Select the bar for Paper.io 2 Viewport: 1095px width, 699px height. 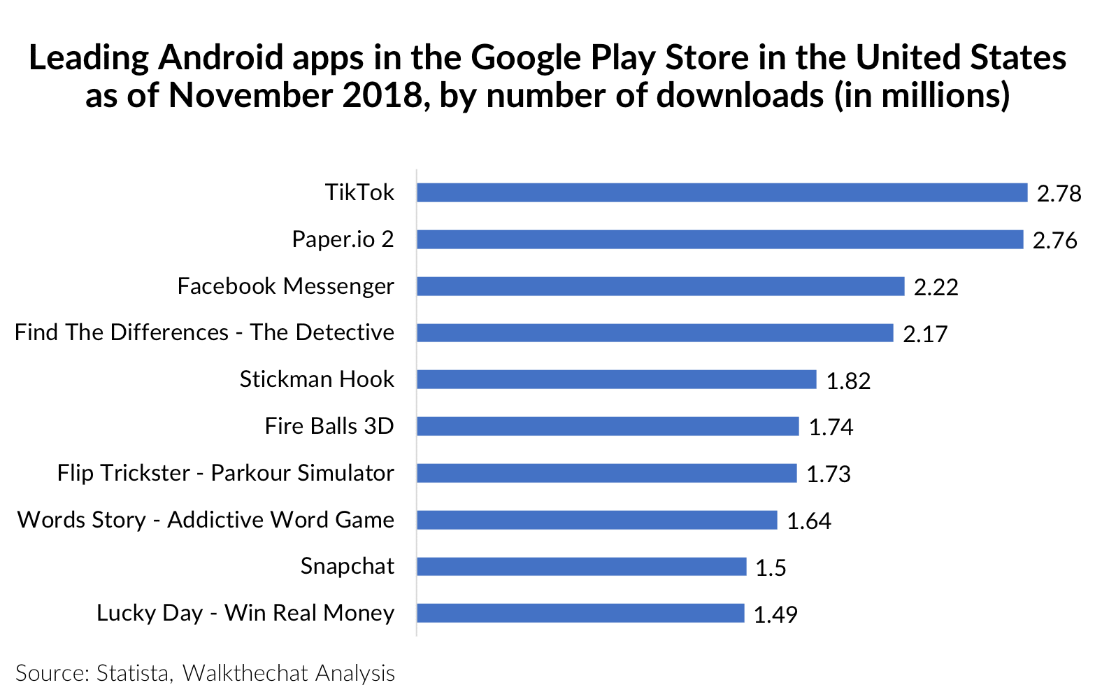[x=720, y=239]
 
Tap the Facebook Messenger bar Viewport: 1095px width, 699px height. [x=660, y=286]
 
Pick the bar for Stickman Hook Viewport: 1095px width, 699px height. [x=616, y=379]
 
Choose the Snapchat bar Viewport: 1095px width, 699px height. [x=581, y=566]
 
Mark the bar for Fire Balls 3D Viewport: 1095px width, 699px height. [x=608, y=426]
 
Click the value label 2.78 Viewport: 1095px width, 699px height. [x=1059, y=193]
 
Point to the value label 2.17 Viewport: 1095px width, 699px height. [x=924, y=334]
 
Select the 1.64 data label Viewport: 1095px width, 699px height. [x=808, y=521]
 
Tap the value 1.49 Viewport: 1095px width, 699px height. [x=775, y=614]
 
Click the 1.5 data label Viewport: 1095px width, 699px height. [x=771, y=567]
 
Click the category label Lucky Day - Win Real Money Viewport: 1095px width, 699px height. [x=245, y=613]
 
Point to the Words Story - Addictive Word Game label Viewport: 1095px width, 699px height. [x=206, y=520]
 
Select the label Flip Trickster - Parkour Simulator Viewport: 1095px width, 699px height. [x=225, y=473]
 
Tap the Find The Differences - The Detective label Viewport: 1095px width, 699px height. [x=204, y=332]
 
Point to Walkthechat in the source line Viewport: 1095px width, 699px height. [x=245, y=673]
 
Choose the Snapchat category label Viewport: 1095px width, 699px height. [x=347, y=566]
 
